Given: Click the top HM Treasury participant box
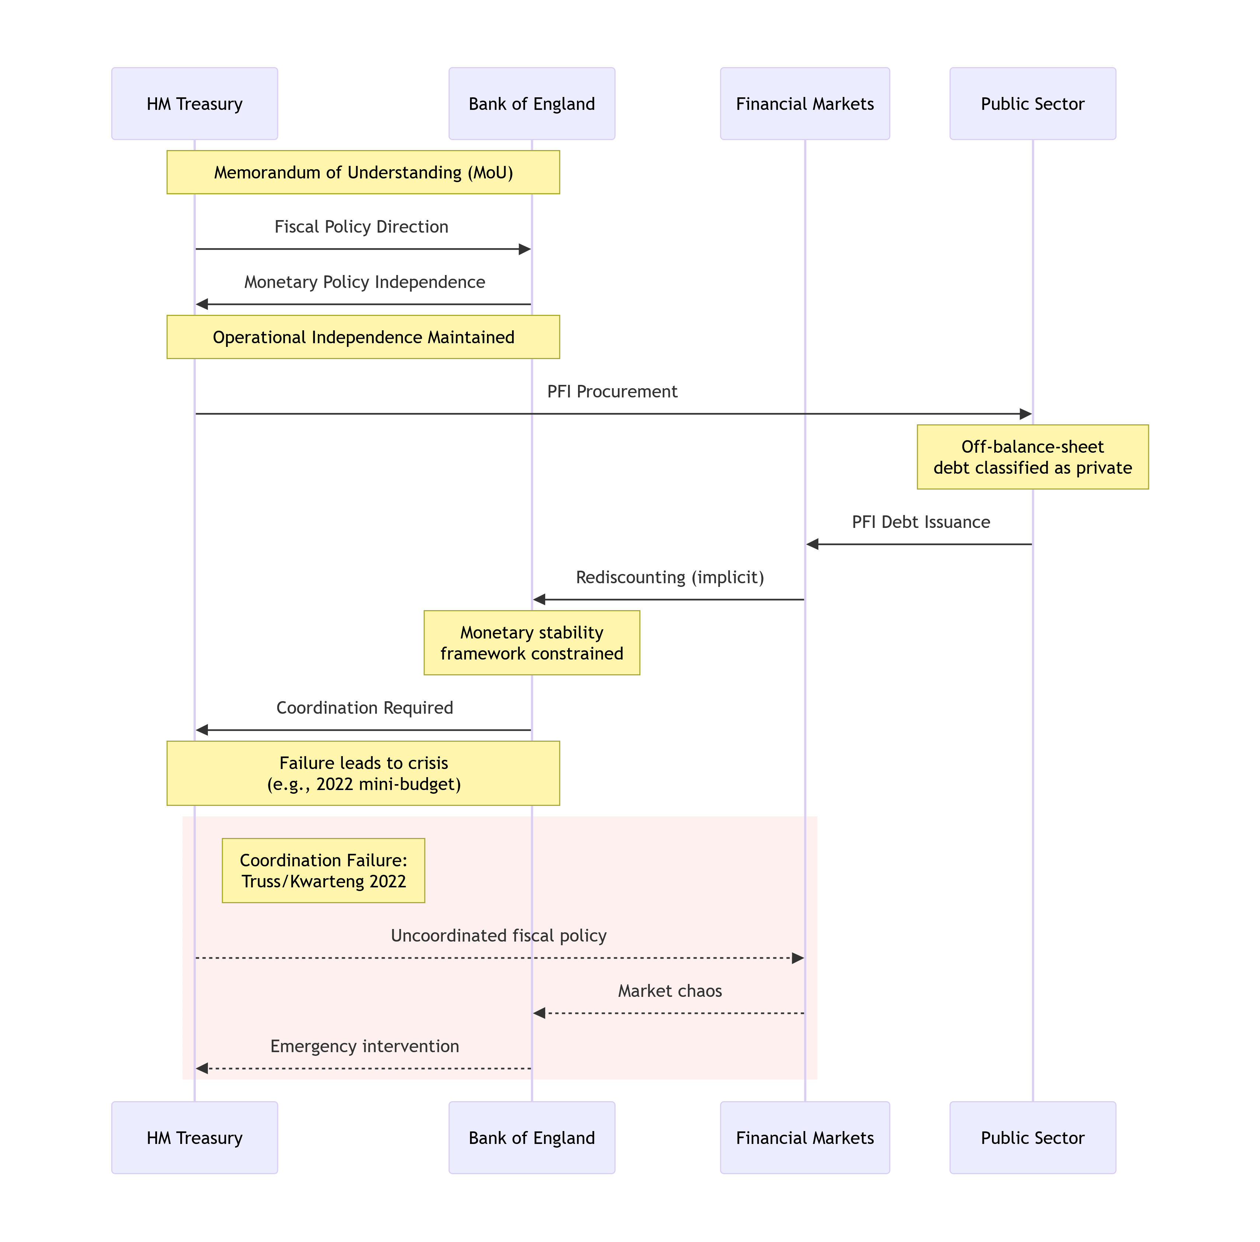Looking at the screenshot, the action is (x=194, y=104).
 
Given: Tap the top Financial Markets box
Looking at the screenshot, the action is (x=805, y=104).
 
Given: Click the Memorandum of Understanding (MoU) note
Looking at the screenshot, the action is (x=363, y=172).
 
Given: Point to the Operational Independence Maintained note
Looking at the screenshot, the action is (x=363, y=337).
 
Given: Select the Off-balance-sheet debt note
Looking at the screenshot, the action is (x=1033, y=457).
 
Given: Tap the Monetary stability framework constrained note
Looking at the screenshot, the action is (x=532, y=643).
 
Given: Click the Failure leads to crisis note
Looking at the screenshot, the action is (x=363, y=773).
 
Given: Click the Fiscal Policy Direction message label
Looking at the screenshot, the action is (x=361, y=227).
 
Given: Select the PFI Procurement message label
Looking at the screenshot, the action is (x=612, y=392).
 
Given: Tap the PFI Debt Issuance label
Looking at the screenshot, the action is (x=921, y=522).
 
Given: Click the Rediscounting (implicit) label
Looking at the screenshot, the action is (x=670, y=577).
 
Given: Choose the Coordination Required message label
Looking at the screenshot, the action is (x=365, y=708).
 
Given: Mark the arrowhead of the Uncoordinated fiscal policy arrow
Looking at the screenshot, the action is (x=798, y=958).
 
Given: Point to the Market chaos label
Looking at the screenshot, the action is (x=670, y=991).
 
